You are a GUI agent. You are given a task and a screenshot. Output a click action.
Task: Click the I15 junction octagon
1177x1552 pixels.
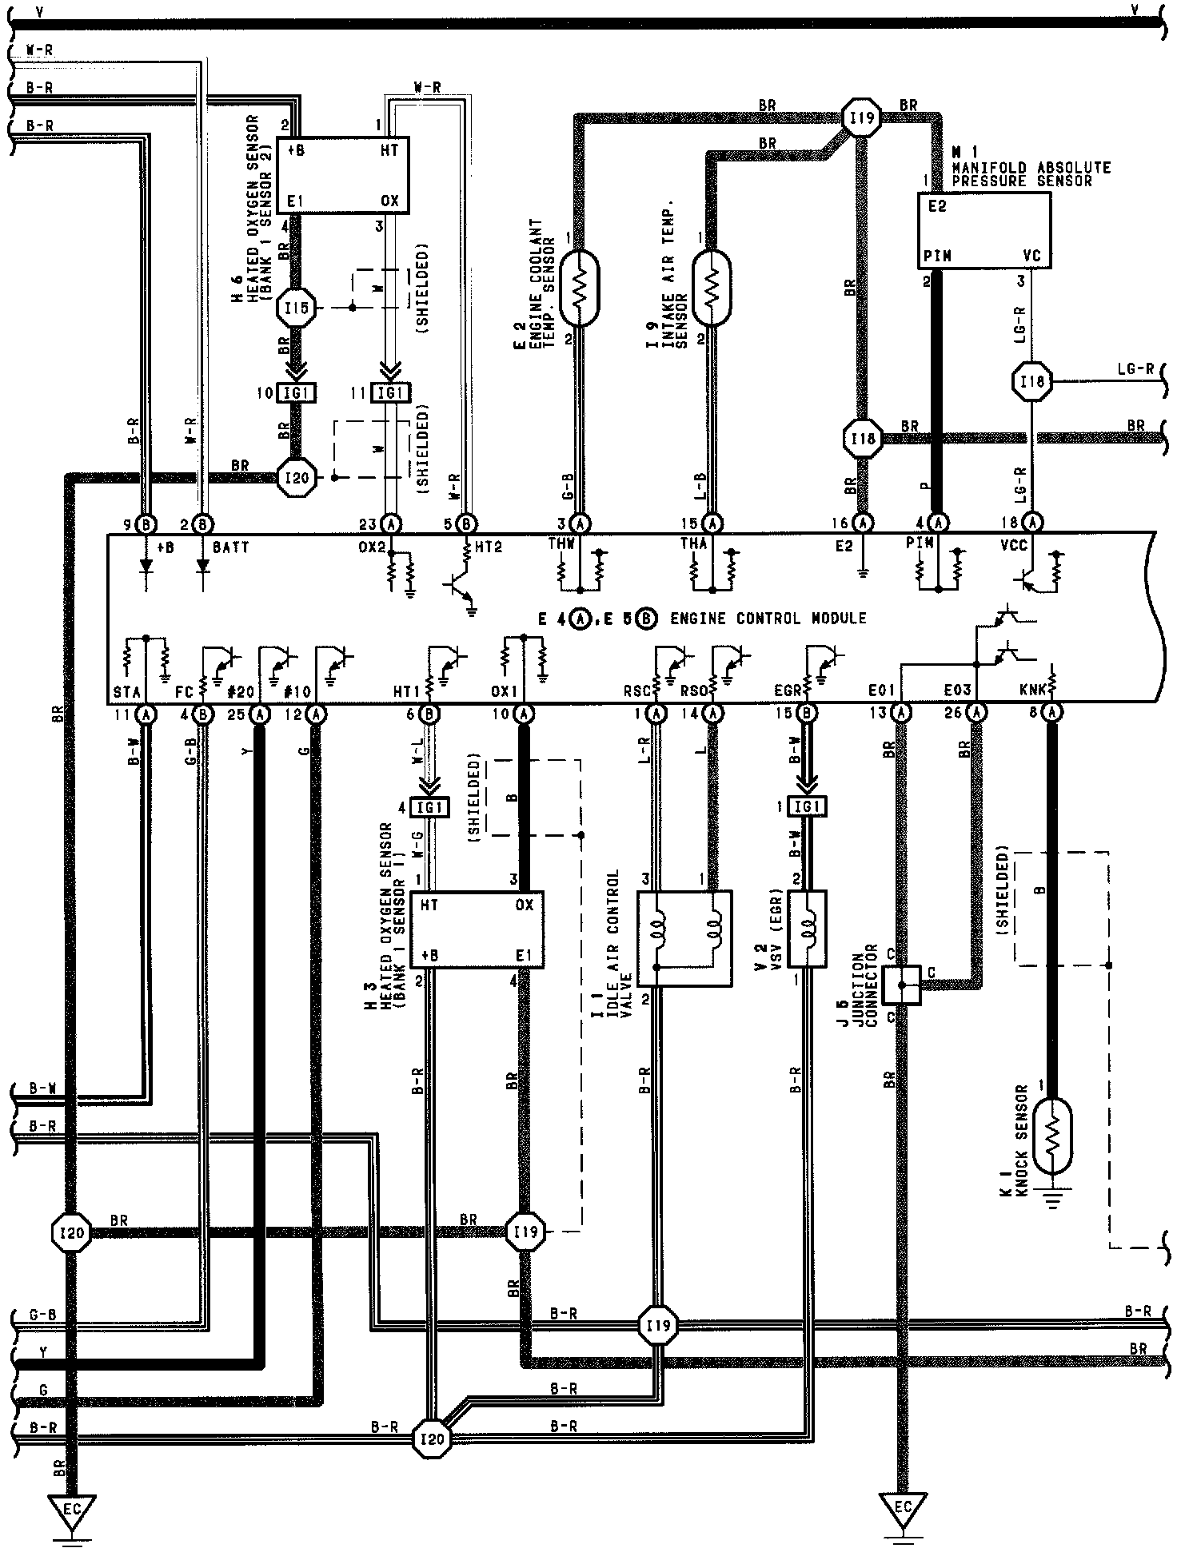click(295, 308)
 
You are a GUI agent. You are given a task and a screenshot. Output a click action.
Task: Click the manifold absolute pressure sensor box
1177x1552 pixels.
click(983, 230)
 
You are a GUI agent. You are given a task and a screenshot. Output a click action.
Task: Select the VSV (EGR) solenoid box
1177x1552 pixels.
click(807, 929)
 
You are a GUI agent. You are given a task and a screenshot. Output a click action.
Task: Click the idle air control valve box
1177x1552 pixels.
click(684, 938)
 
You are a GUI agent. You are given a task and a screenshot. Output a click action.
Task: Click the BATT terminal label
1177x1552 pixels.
click(231, 547)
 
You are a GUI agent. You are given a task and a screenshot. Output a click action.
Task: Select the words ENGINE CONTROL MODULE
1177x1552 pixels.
click(768, 619)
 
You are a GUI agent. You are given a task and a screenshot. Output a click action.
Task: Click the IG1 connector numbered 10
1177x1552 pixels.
click(297, 392)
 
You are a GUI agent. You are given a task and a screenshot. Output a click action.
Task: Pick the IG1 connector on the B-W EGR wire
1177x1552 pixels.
click(807, 807)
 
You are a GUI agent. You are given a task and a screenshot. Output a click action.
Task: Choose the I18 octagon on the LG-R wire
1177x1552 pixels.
click(1031, 382)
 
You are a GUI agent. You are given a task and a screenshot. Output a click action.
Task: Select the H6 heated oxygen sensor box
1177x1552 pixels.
click(342, 175)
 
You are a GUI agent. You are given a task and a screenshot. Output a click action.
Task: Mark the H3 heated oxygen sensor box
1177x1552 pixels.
click(477, 930)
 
